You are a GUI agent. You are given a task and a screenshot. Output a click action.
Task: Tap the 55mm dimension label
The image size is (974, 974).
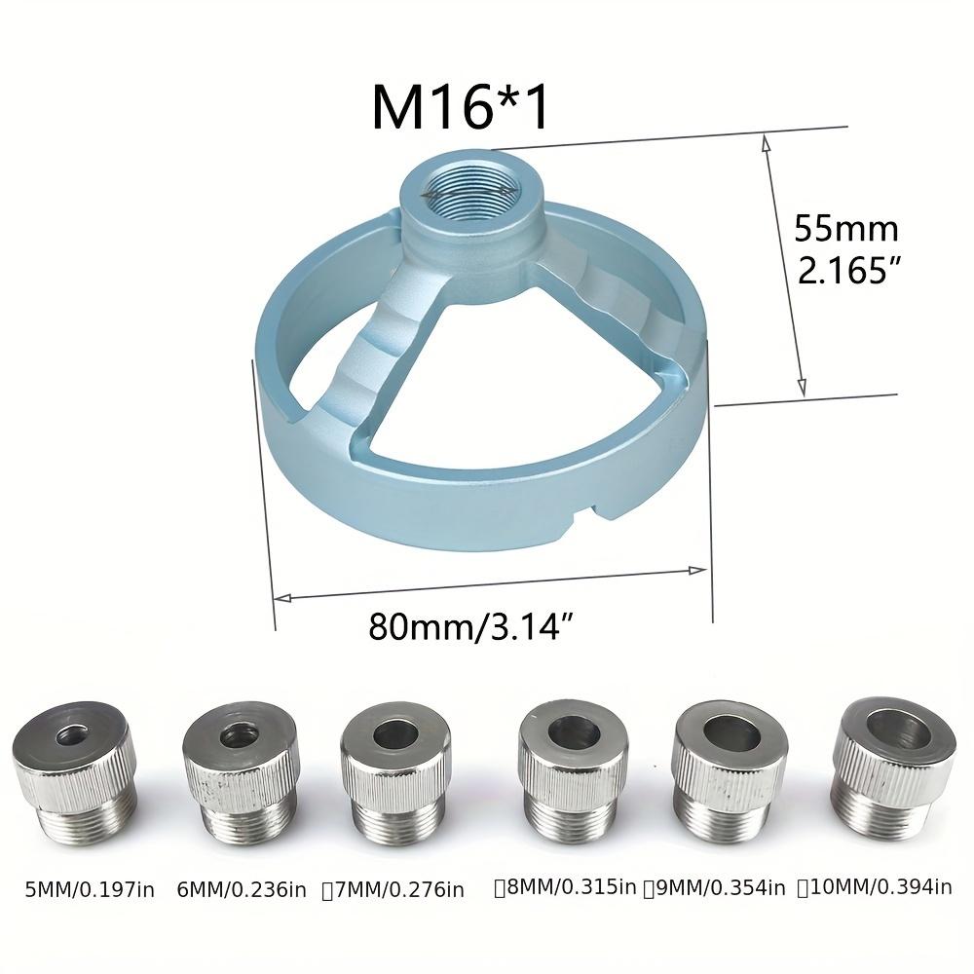[845, 230]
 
